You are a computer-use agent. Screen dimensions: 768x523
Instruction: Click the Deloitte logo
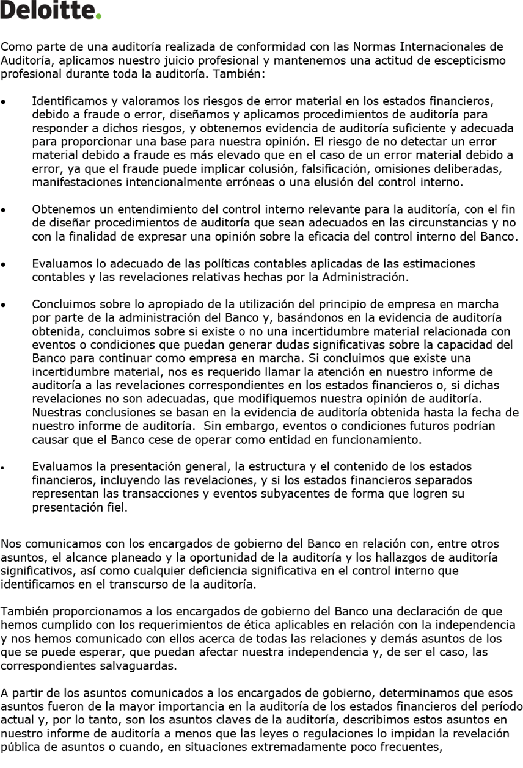pyautogui.click(x=50, y=10)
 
